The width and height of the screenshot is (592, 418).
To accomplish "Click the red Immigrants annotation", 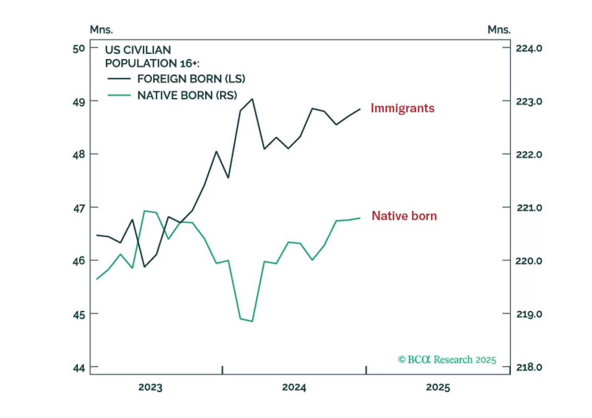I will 402,108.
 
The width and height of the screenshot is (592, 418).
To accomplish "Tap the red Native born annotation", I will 404,216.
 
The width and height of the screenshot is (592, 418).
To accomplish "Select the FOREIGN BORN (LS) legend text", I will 191,79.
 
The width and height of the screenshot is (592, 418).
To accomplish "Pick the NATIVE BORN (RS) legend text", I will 187,95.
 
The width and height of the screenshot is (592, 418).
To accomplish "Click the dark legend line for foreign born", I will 119,79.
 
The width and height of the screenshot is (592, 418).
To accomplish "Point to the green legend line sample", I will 119,95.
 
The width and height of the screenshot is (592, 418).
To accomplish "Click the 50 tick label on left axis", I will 79,48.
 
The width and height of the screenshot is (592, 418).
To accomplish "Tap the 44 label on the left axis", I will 79,368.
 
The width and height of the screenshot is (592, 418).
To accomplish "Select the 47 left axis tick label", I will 79,208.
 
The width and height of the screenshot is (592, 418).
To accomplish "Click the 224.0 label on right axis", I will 529,48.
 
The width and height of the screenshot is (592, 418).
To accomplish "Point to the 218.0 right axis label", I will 529,367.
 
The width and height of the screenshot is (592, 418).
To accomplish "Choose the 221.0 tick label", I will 529,208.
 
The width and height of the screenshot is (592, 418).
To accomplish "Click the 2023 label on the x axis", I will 150,387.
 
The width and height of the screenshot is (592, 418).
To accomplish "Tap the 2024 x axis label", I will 294,387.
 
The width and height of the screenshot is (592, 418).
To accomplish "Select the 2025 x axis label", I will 438,387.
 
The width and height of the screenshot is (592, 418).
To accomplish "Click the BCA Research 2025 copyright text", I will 447,360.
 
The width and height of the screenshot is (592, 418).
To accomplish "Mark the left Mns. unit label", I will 101,30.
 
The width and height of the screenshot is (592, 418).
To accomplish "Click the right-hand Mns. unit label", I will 499,30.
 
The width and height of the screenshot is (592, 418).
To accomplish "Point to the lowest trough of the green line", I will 252,321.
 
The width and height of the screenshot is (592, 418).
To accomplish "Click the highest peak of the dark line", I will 252,99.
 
